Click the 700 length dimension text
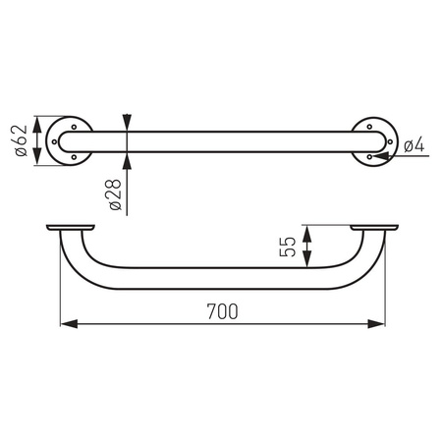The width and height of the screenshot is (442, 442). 222,310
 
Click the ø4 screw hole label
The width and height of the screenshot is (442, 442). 414,145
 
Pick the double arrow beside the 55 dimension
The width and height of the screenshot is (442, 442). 307,247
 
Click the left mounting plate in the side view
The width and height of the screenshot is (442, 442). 72,229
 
